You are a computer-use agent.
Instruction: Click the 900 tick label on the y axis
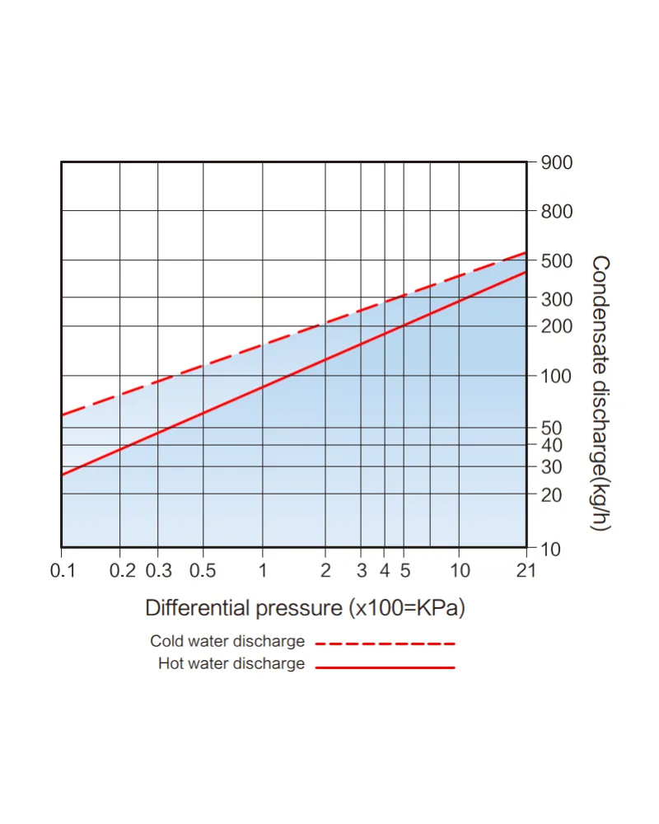pyautogui.click(x=557, y=163)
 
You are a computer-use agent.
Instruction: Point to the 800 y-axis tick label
pyautogui.click(x=557, y=212)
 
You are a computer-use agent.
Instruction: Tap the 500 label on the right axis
pyautogui.click(x=557, y=260)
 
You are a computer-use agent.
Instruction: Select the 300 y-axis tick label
pyautogui.click(x=557, y=300)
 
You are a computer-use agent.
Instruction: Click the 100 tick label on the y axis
pyautogui.click(x=556, y=377)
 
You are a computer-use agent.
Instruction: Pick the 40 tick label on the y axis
pyautogui.click(x=552, y=445)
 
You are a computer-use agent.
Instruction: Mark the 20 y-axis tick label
pyautogui.click(x=552, y=495)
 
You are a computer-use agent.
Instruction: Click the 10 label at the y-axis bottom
pyautogui.click(x=551, y=550)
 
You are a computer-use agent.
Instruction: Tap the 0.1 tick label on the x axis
pyautogui.click(x=63, y=570)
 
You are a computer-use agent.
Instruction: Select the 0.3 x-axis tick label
pyautogui.click(x=159, y=570)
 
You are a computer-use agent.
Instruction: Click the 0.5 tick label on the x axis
pyautogui.click(x=203, y=570)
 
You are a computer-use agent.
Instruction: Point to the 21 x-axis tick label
pyautogui.click(x=526, y=570)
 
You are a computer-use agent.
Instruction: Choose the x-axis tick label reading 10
pyautogui.click(x=460, y=570)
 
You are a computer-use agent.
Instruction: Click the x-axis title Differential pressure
pyautogui.click(x=306, y=608)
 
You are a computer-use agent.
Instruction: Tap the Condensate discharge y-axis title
pyautogui.click(x=601, y=394)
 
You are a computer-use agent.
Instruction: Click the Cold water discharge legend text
pyautogui.click(x=227, y=641)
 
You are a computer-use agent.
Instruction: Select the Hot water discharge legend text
pyautogui.click(x=231, y=663)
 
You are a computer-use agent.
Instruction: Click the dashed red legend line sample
pyautogui.click(x=386, y=644)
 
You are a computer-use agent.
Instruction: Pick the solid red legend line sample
pyautogui.click(x=386, y=667)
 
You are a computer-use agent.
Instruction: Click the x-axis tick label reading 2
pyautogui.click(x=326, y=570)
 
